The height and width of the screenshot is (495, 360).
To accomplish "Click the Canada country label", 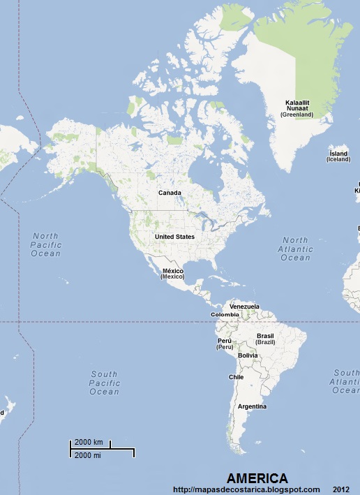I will tap(170, 193).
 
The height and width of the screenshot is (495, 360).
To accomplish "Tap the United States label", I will tap(174, 237).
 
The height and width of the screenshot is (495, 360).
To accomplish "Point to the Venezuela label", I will tap(244, 306).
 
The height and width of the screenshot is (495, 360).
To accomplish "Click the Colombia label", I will tap(225, 314).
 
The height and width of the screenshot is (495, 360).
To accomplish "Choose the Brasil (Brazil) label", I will tap(265, 339).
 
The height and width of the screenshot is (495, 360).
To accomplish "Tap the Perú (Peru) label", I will tap(225, 343).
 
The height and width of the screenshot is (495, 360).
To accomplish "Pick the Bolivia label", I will tap(248, 355).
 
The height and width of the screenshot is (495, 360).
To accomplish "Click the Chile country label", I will tap(236, 377).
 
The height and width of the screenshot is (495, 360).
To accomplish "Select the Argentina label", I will tap(252, 406).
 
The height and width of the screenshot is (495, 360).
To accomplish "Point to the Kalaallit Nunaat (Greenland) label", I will tap(297, 108).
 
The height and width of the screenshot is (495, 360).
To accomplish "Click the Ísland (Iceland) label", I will tap(338, 156).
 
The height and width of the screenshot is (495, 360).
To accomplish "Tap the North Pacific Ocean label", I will tap(46, 244).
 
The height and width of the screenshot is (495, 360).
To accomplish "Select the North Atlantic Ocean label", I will tap(295, 249).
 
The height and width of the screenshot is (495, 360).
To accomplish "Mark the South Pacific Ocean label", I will tap(105, 383).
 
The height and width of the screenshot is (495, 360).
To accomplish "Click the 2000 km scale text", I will tap(89, 443).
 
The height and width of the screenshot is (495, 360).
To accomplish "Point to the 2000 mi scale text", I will tap(88, 455).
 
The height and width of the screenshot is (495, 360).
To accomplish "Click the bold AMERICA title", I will tap(257, 478).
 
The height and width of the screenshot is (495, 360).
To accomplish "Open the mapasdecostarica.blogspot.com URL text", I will tap(246, 489).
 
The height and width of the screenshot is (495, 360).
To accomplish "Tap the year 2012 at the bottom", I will tap(341, 489).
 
